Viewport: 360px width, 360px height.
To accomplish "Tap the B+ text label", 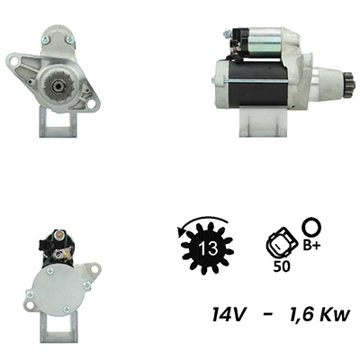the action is tap(311, 246).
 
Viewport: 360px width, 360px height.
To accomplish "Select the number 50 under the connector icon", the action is tap(282, 266).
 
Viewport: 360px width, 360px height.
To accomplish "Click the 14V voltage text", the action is tap(229, 314).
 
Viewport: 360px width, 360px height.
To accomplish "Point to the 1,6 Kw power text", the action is tap(319, 315).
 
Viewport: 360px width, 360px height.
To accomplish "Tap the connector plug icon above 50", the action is tap(282, 243).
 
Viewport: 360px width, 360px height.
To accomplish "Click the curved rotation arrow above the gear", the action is tap(202, 222).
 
